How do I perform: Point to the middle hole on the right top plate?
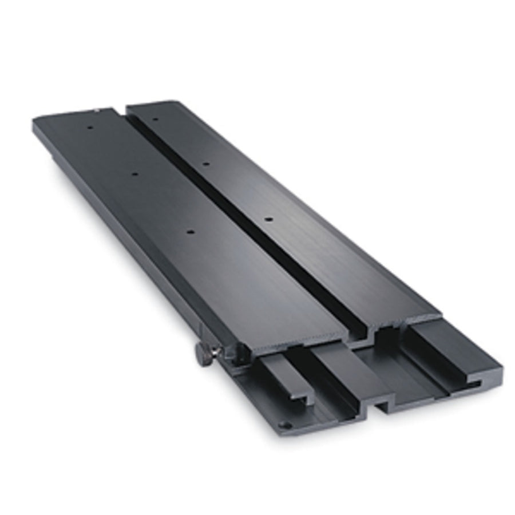click(206, 164)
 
